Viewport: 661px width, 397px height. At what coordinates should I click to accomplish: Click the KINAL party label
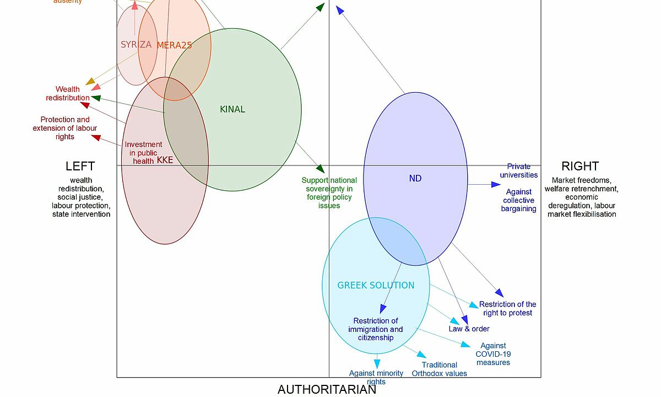pos(232,109)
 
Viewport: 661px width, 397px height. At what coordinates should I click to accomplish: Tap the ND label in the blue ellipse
pos(415,178)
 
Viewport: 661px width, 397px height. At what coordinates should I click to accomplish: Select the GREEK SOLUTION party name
pos(376,285)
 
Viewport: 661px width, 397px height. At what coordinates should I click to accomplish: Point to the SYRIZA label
pos(136,45)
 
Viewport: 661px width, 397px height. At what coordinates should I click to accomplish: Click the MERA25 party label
pos(174,45)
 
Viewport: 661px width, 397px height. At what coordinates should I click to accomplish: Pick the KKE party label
pos(165,160)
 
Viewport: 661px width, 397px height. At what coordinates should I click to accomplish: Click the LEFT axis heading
pos(80,166)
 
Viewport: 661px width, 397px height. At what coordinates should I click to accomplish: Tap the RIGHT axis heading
pos(580,166)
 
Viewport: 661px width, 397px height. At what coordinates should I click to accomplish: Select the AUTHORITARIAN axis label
pos(327,389)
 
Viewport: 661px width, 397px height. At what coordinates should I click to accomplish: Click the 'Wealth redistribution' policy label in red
pos(68,94)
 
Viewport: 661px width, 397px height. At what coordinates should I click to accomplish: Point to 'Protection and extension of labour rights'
pos(65,128)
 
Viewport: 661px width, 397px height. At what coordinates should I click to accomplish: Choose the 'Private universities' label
pos(519,170)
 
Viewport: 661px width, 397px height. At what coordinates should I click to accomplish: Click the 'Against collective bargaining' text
pos(519,200)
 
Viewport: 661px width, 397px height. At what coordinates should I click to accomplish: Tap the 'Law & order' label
pos(469,329)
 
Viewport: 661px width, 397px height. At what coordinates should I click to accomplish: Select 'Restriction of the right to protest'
pos(507,308)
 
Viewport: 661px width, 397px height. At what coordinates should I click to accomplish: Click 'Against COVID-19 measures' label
pos(493,354)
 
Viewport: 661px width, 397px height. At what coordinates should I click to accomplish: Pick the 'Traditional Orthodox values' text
pos(440,369)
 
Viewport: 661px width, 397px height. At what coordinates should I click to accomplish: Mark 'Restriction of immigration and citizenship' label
pos(376,329)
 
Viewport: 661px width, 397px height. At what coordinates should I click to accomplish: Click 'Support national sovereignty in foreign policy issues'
pos(329,193)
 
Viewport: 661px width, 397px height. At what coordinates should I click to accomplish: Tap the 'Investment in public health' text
pos(143,153)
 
